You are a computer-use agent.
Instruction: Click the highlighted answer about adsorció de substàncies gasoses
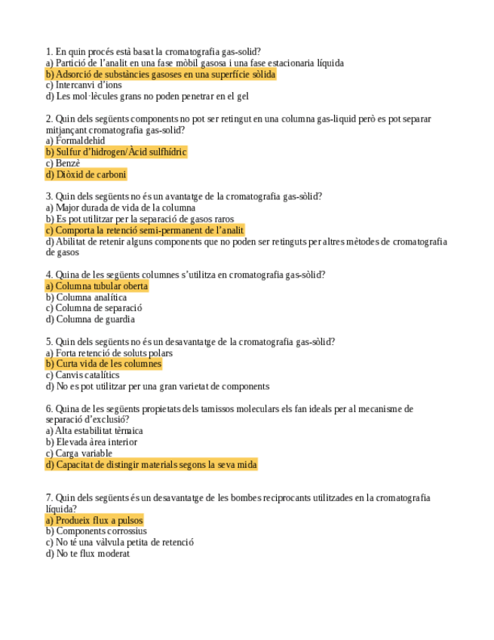coord(161,75)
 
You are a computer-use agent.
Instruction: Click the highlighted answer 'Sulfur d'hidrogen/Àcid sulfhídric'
coord(116,152)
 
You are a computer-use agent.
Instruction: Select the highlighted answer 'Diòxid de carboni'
coord(86,174)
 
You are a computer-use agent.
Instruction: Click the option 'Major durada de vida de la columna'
coord(121,208)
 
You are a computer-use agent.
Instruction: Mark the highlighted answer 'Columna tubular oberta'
coord(97,286)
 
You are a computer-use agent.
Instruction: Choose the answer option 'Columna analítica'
coord(86,297)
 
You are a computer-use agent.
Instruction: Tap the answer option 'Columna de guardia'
coord(84,319)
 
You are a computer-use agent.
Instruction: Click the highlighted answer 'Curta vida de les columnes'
coord(103,364)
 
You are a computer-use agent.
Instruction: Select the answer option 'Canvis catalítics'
coord(82,375)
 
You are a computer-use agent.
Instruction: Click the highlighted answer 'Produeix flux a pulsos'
coord(94,521)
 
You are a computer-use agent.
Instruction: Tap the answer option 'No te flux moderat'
coord(87,554)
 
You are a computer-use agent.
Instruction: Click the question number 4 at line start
coord(49,275)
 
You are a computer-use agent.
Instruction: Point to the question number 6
coord(49,409)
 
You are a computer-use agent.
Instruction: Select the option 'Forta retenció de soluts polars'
coord(109,353)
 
